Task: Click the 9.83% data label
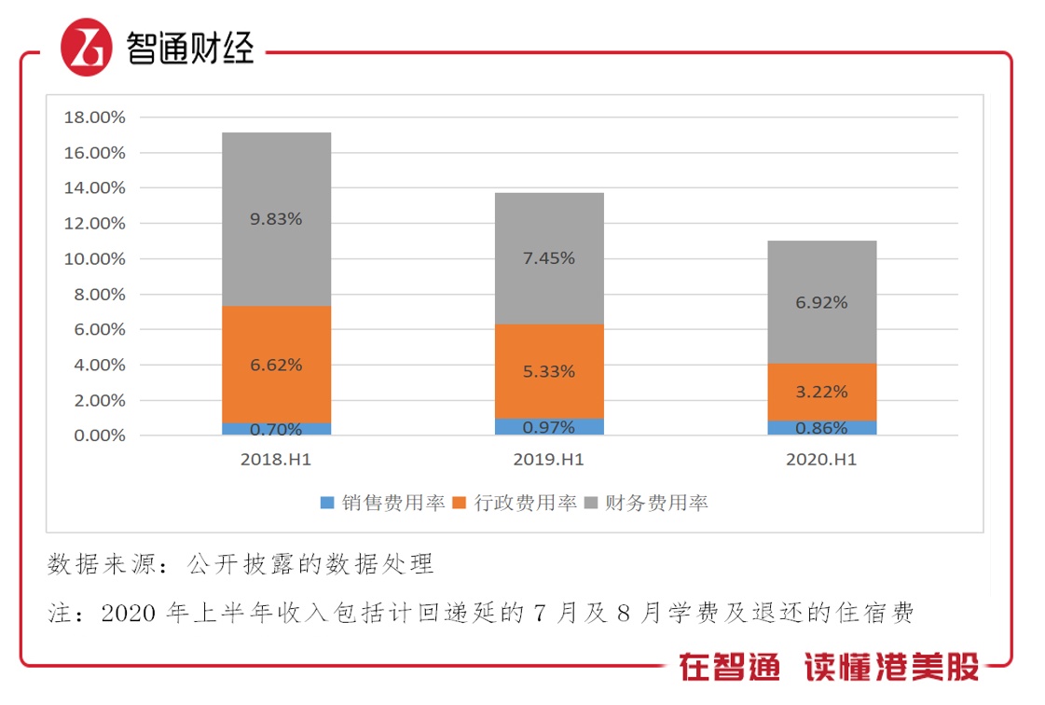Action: click(276, 219)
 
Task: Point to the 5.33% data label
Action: click(549, 371)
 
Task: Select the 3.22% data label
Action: click(822, 392)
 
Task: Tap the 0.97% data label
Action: click(549, 428)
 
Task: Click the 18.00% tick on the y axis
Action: click(93, 117)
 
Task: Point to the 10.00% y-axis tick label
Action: click(93, 259)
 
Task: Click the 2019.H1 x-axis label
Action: click(548, 460)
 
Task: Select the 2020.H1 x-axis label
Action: click(821, 460)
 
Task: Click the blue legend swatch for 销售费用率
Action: click(327, 503)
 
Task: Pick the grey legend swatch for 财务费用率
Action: click(590, 503)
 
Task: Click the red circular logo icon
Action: click(87, 48)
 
